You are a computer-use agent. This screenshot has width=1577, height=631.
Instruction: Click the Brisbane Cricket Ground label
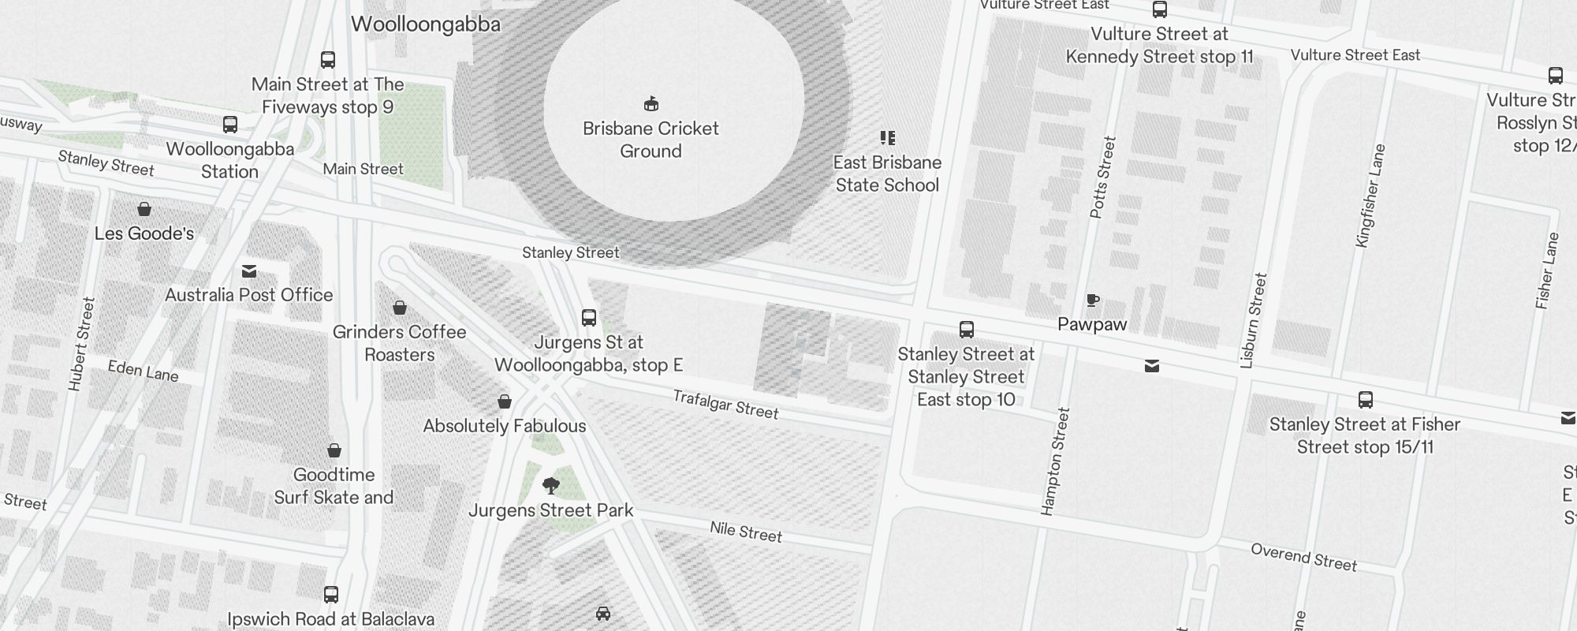651,140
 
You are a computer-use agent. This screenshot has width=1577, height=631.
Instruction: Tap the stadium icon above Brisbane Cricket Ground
651,103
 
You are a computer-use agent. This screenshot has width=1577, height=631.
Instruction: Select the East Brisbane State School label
887,174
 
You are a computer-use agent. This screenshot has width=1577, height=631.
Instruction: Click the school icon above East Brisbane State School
888,138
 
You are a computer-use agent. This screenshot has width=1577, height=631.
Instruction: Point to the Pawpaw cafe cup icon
1092,300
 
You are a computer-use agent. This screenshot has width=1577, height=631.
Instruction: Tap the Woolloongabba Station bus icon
230,125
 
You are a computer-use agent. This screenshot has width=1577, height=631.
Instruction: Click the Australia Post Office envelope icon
249,271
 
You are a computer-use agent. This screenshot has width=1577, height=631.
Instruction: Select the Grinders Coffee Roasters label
399,343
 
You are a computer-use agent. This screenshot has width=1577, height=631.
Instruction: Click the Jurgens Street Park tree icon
551,485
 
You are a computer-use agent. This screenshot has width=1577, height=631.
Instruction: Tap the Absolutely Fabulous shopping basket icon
505,402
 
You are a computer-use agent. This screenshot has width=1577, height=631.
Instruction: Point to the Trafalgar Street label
725,405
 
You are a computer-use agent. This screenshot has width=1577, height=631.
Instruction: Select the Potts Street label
1102,177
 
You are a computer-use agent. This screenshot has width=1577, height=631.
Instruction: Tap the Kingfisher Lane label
1370,196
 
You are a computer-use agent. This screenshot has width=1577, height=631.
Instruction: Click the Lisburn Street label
1253,320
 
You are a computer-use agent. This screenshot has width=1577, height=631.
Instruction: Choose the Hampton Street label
1055,461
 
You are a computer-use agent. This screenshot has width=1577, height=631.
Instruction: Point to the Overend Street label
1303,557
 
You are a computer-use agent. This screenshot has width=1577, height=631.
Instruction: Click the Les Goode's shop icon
144,209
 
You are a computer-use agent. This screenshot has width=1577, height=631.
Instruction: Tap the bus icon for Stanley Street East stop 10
966,329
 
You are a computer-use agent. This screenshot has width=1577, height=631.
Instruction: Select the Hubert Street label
81,344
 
